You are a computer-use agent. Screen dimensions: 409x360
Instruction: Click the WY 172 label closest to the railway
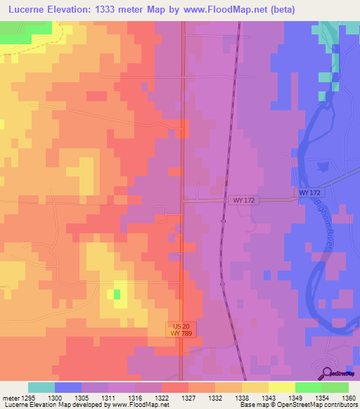(243, 200)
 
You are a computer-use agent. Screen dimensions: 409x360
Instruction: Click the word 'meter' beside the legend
(10, 397)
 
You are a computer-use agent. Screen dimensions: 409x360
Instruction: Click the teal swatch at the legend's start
(41, 387)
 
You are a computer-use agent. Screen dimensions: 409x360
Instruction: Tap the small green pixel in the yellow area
(117, 294)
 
